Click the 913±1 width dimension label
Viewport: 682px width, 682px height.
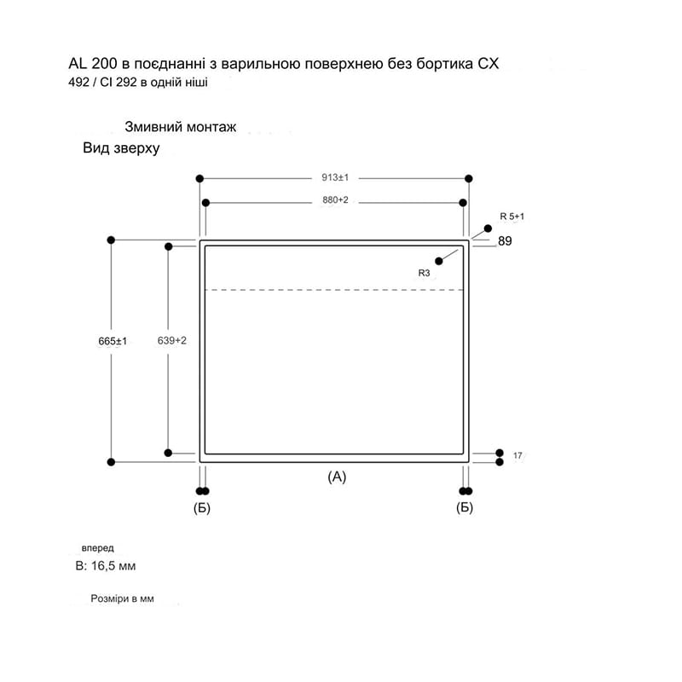point(335,177)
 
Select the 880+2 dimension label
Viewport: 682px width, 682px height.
point(335,200)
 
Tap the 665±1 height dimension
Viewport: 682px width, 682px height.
point(113,341)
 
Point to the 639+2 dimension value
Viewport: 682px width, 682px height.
point(172,340)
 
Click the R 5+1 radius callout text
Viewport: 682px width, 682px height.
point(512,217)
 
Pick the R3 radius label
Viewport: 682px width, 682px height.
point(424,273)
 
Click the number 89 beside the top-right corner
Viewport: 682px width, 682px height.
point(505,241)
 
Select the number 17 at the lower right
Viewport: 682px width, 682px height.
point(517,455)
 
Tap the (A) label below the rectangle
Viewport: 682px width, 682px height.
point(337,477)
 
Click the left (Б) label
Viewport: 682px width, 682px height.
point(202,507)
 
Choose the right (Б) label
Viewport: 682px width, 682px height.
point(465,507)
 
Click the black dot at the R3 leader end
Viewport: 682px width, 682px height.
point(439,261)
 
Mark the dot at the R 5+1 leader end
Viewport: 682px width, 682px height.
point(488,228)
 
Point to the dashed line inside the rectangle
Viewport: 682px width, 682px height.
point(334,290)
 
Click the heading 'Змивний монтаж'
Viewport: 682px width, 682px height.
point(181,126)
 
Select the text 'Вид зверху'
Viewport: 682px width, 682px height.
point(121,147)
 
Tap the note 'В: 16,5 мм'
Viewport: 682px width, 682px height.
point(106,566)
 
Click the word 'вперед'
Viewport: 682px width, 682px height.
point(98,548)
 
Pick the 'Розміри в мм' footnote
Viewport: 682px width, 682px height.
point(122,598)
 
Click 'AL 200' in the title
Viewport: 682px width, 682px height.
point(93,63)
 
